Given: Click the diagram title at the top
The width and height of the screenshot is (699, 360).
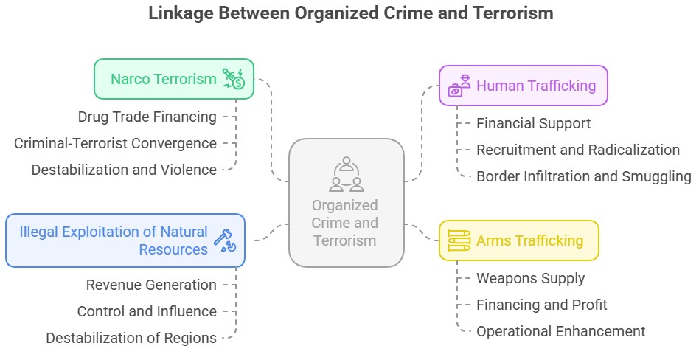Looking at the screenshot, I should click(x=350, y=13).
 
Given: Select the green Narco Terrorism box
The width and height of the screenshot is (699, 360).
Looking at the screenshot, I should click(x=173, y=79).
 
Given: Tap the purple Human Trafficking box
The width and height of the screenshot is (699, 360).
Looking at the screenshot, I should click(x=524, y=86).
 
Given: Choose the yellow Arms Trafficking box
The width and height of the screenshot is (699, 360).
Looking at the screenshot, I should click(x=518, y=240).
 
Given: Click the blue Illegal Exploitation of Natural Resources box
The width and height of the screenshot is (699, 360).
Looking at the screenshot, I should click(x=125, y=240).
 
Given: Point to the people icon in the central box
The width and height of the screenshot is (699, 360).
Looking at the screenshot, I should click(x=346, y=174).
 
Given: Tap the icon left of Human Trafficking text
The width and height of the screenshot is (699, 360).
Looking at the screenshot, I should click(x=460, y=86).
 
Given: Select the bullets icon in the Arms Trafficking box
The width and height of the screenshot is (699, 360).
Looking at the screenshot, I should click(x=459, y=240).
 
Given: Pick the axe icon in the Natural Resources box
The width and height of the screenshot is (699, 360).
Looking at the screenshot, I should click(x=223, y=240).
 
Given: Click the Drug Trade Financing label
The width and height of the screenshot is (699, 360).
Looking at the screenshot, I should click(x=147, y=117).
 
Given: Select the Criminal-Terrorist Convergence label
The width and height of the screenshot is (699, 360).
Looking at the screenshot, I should click(x=116, y=143).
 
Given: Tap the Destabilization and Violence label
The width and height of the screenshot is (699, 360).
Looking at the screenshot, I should click(x=124, y=170).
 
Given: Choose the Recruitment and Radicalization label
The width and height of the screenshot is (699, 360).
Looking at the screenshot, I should click(x=577, y=150).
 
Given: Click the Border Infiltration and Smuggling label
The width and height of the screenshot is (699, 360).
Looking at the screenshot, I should click(x=583, y=176).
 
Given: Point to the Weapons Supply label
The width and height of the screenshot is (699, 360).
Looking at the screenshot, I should click(x=530, y=278).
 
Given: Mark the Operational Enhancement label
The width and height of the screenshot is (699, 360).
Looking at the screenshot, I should click(x=560, y=331).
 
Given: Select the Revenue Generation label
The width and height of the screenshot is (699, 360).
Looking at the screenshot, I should click(x=151, y=285).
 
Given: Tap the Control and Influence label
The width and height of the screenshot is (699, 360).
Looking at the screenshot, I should click(x=147, y=311).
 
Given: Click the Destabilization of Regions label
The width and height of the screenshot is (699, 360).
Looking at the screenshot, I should click(x=131, y=338).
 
